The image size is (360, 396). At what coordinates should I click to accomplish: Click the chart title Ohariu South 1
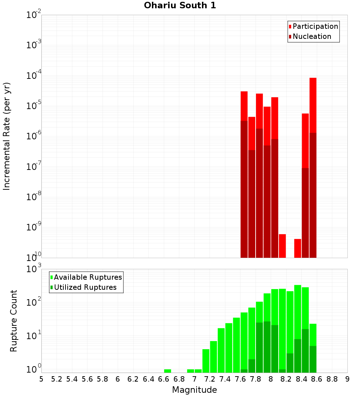pos(180,5)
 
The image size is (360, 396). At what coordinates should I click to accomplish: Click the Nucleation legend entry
pos(312,36)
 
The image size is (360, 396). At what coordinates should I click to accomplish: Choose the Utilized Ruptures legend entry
pos(85,287)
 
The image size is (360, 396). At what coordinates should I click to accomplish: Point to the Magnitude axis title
pos(194,390)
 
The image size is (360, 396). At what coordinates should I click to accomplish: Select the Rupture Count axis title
pos(14,321)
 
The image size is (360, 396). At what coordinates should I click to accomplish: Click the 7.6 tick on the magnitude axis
pos(240,379)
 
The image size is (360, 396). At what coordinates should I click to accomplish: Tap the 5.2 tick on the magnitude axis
pos(57,379)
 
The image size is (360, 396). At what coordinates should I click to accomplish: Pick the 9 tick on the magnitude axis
pos(347,379)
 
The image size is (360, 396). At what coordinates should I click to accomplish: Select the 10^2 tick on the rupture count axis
pos(35,303)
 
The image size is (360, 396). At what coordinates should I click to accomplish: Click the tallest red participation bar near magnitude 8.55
pos(313,104)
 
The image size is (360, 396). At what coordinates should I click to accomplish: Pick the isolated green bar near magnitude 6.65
pos(167,371)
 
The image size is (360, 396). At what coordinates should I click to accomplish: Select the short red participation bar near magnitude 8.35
pos(298,248)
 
